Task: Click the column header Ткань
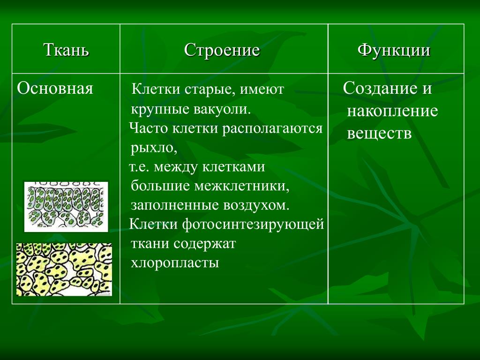coord(66,50)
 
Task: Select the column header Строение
coord(222,50)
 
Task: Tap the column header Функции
coord(394,50)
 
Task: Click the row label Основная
coord(55,89)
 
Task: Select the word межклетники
coord(242,186)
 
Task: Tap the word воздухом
coord(256,205)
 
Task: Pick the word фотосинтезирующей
coord(253,225)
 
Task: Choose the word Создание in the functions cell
coord(380,88)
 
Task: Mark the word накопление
coord(392,111)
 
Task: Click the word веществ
coord(379,134)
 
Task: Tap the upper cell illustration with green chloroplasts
coord(66,207)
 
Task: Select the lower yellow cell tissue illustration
coord(64,270)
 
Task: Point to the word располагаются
coord(272,129)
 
